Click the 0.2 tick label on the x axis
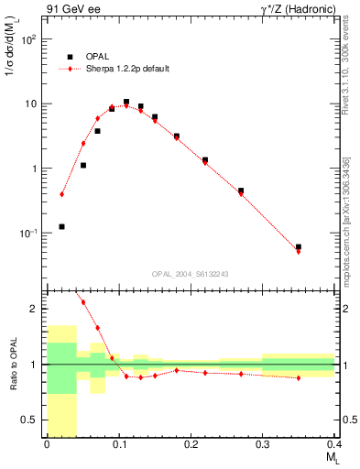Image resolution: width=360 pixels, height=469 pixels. click(191, 446)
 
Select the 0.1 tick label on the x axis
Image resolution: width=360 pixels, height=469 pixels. click(118, 446)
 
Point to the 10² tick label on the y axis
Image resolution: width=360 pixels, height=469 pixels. click(29, 40)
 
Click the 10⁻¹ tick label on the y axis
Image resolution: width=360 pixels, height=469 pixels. click(29, 234)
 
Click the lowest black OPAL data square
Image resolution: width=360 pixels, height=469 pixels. click(61, 226)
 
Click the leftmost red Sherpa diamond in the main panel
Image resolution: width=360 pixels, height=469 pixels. click(61, 194)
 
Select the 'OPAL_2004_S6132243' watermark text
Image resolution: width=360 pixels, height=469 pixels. click(190, 273)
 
